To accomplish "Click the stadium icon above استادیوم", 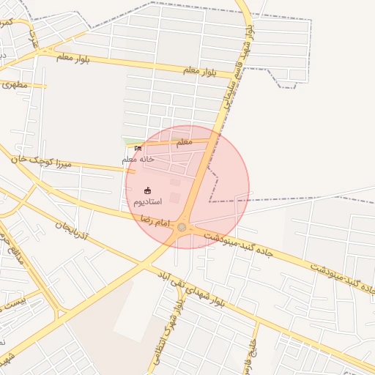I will pyautogui.click(x=147, y=190).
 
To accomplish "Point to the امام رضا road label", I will pyautogui.click(x=155, y=220).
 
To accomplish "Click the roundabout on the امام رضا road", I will pyautogui.click(x=182, y=228).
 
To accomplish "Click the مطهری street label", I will pyautogui.click(x=14, y=84).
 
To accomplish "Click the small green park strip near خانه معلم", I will pyautogui.click(x=133, y=141).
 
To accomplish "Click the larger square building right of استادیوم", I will pyautogui.click(x=174, y=198).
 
